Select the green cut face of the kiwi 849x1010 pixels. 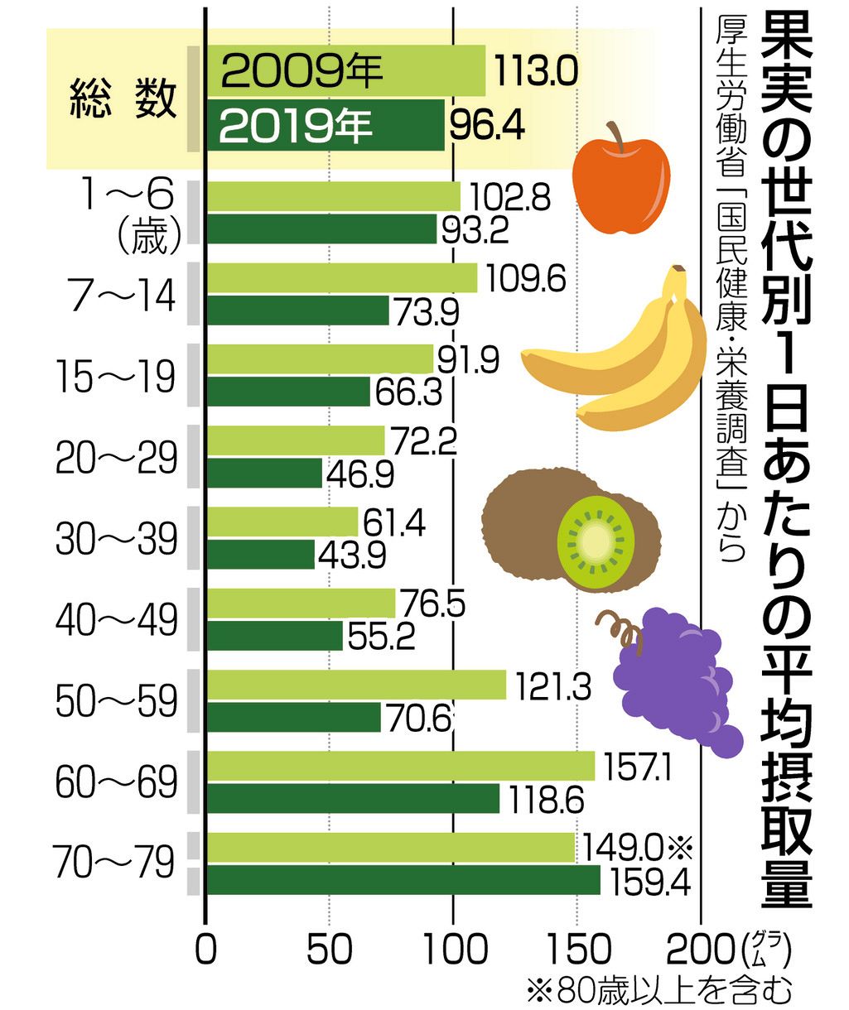click(x=596, y=541)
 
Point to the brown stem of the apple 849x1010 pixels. click(x=615, y=134)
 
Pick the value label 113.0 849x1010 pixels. click(x=535, y=71)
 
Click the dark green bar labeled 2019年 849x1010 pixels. click(x=326, y=125)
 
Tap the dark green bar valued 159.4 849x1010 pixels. click(x=403, y=881)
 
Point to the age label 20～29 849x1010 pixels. click(x=117, y=458)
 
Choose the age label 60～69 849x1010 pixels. click(x=117, y=782)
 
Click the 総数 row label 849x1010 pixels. click(x=123, y=99)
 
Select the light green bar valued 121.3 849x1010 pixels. click(x=357, y=685)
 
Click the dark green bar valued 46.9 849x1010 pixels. click(x=265, y=473)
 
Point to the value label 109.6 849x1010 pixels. click(x=526, y=279)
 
